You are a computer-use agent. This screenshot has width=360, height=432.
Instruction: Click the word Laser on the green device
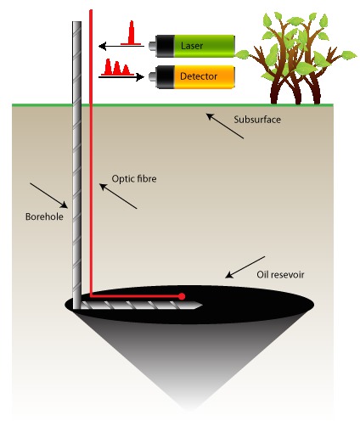click(x=192, y=46)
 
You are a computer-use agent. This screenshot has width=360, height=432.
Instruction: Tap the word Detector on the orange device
click(x=199, y=76)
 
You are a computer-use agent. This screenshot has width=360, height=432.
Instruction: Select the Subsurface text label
click(x=257, y=120)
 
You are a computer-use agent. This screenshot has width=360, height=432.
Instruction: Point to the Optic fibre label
click(x=134, y=179)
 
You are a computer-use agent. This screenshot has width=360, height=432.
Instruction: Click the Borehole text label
click(x=44, y=216)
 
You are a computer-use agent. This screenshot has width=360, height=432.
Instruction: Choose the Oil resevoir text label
click(x=280, y=275)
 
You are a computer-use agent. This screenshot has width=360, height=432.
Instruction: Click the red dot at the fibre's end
click(x=182, y=296)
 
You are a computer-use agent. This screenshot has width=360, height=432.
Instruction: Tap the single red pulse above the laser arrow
click(x=131, y=33)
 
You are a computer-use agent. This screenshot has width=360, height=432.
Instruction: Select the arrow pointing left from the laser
click(x=121, y=46)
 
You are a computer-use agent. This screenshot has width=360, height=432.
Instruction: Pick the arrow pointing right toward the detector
click(x=121, y=76)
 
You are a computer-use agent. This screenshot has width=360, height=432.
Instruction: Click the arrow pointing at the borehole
click(x=49, y=196)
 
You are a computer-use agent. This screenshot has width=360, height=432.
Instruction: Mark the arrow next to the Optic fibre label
click(x=118, y=196)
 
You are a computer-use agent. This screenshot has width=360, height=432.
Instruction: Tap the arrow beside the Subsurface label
click(x=225, y=126)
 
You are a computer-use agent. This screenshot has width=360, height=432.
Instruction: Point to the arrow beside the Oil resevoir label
click(x=245, y=267)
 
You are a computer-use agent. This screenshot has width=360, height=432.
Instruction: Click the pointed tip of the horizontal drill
click(x=201, y=306)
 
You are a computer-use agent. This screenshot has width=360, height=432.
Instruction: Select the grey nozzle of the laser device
click(x=152, y=46)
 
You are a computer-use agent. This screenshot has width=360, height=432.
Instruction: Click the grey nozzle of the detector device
click(x=152, y=76)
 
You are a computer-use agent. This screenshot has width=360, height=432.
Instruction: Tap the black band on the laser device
click(x=165, y=46)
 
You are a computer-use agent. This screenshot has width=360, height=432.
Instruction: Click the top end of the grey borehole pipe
click(x=76, y=22)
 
